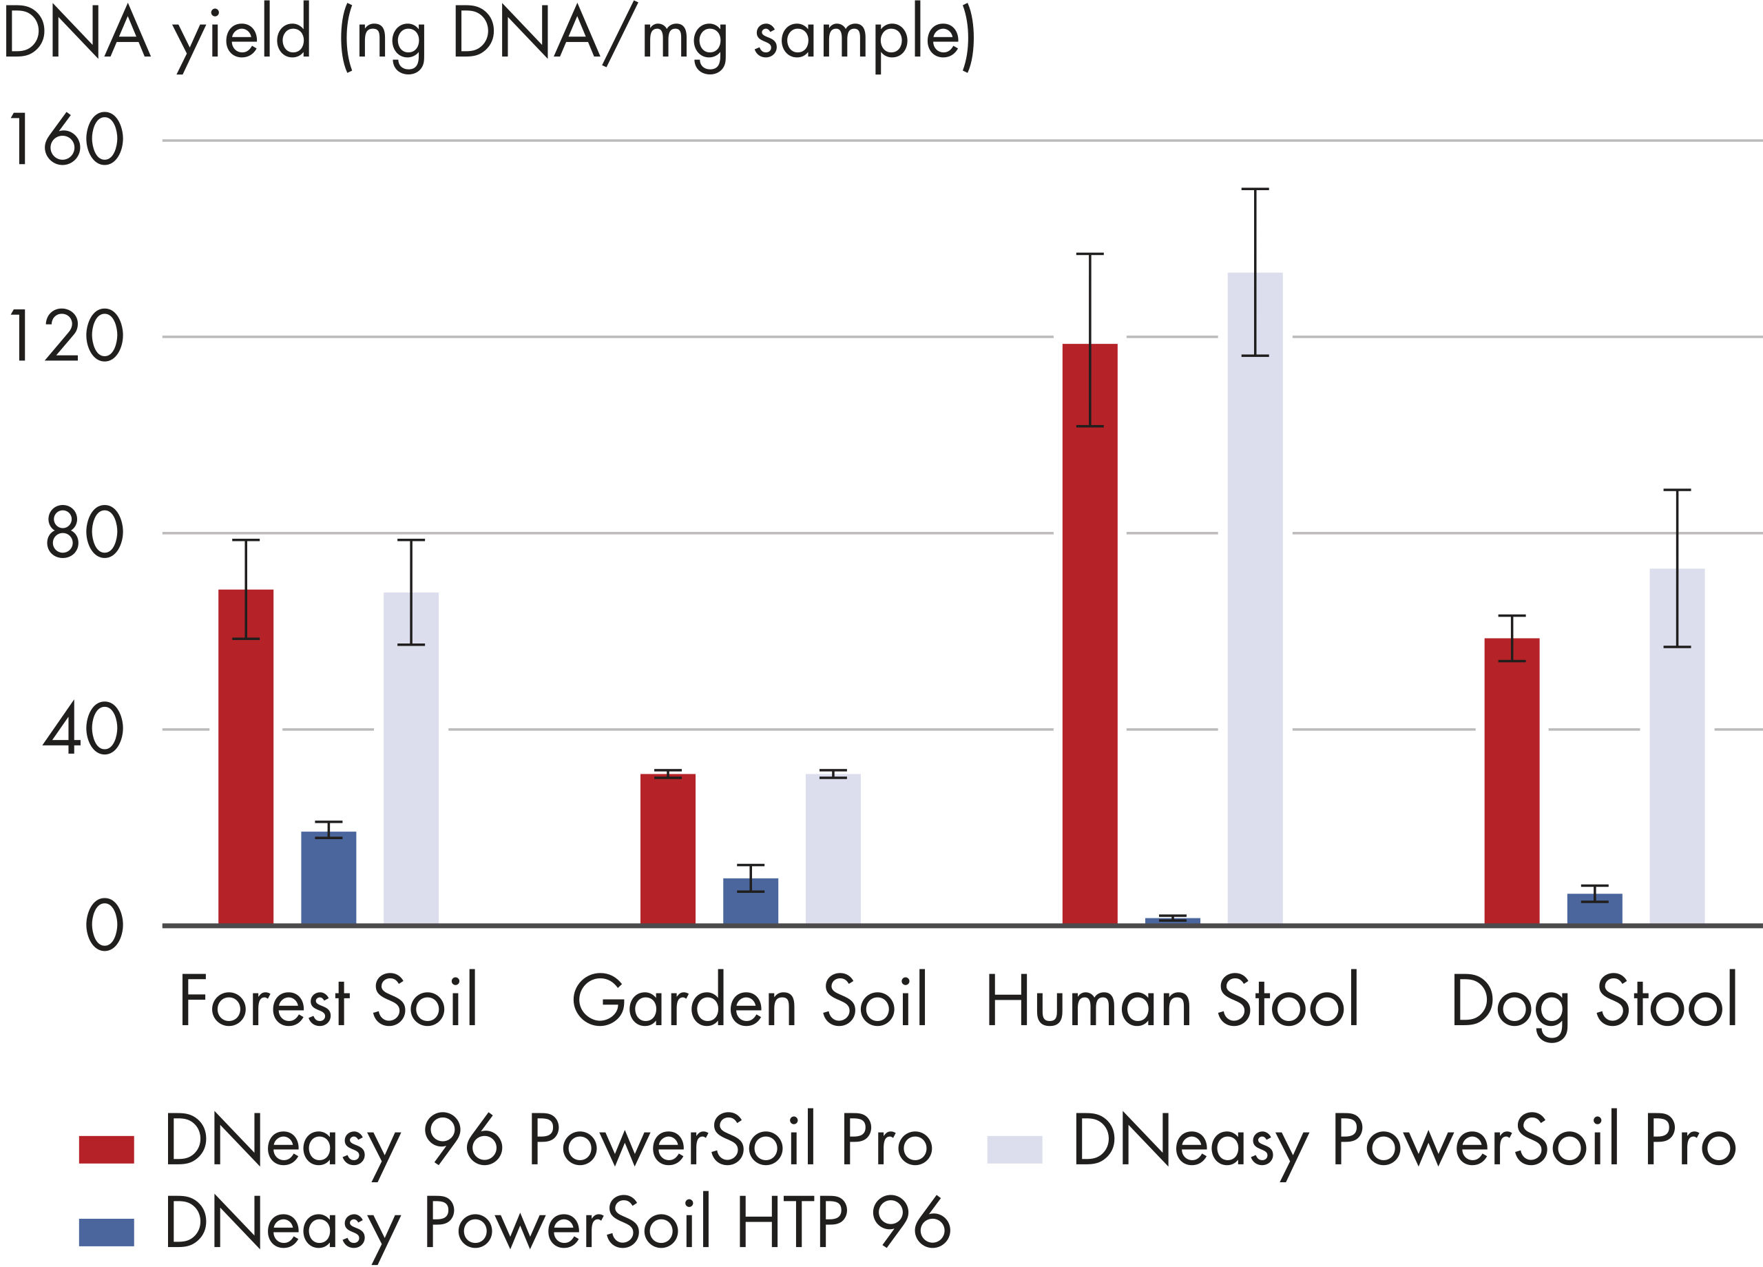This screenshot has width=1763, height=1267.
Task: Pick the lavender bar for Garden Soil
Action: coord(833,849)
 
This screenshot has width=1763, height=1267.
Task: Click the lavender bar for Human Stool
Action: coord(1255,598)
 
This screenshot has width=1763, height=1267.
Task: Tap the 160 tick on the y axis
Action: coord(65,140)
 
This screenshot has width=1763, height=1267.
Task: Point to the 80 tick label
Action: coord(84,533)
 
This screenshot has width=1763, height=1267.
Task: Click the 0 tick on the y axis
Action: coord(104,927)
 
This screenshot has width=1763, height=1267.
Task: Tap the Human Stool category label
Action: coord(1172,1001)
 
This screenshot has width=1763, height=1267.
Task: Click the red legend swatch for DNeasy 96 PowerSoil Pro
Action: coord(107,1150)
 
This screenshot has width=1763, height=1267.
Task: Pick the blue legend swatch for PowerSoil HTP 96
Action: coord(107,1232)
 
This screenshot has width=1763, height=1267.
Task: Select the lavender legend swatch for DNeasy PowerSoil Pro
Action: coord(1014,1150)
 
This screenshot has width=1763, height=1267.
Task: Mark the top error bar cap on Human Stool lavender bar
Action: coord(1255,189)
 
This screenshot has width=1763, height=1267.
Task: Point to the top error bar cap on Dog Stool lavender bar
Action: coord(1677,490)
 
